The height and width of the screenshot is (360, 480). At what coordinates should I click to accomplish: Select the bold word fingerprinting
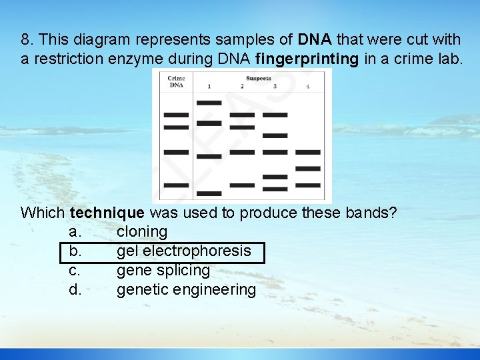pyautogui.click(x=307, y=59)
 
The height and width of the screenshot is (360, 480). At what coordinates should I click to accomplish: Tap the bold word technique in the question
pyautogui.click(x=107, y=213)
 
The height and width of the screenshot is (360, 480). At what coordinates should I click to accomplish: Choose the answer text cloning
pyautogui.click(x=142, y=232)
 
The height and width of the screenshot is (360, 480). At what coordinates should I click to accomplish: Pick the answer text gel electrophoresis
pyautogui.click(x=184, y=251)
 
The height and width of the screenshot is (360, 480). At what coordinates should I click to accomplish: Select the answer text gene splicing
pyautogui.click(x=163, y=271)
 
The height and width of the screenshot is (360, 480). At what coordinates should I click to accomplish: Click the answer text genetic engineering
pyautogui.click(x=186, y=290)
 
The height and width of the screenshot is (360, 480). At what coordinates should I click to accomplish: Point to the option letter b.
pyautogui.click(x=75, y=251)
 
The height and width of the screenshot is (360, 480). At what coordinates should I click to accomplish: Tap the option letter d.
pyautogui.click(x=75, y=290)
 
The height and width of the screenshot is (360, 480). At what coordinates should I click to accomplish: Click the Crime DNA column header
pyautogui.click(x=176, y=81)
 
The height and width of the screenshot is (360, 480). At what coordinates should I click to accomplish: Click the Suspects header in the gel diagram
pyautogui.click(x=258, y=78)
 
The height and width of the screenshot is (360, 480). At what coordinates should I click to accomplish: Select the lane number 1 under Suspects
pyautogui.click(x=209, y=87)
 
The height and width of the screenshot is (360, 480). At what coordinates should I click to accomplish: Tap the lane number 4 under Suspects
pyautogui.click(x=307, y=87)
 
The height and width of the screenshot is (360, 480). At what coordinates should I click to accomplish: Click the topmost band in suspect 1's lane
pyautogui.click(x=209, y=103)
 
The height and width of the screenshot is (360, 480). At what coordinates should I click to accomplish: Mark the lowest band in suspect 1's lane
pyautogui.click(x=209, y=193)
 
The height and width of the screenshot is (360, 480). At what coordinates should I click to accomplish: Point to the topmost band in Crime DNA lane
pyautogui.click(x=176, y=115)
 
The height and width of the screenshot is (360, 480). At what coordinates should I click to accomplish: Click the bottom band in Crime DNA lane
pyautogui.click(x=176, y=185)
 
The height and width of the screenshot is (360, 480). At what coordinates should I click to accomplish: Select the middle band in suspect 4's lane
pyautogui.click(x=307, y=168)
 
